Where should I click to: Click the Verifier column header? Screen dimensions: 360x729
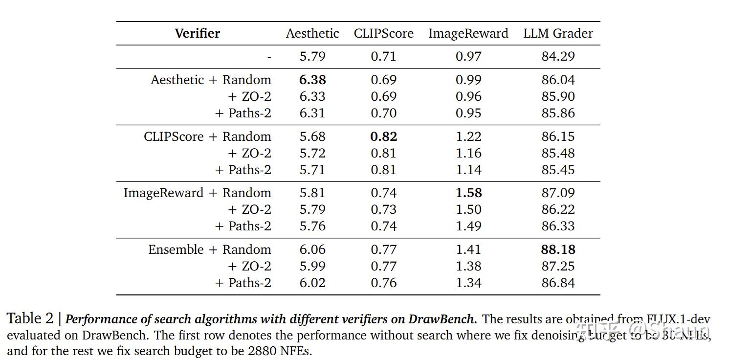(x=197, y=33)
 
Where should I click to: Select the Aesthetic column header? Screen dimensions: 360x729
(x=312, y=33)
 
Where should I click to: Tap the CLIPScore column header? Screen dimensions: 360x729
(x=383, y=33)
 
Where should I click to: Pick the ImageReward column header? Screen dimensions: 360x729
(x=468, y=33)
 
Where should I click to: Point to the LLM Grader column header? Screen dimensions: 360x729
(x=558, y=33)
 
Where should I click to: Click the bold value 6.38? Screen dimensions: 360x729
(x=312, y=80)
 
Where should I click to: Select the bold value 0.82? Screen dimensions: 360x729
(x=383, y=136)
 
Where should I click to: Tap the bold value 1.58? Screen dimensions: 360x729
(x=468, y=193)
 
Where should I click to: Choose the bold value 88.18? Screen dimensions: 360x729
(x=558, y=249)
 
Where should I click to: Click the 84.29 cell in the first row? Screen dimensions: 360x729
(x=558, y=56)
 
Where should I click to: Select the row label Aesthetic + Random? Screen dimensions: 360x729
(x=211, y=80)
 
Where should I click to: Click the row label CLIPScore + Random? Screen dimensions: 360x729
(x=207, y=136)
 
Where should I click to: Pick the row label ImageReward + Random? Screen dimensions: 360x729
(x=197, y=193)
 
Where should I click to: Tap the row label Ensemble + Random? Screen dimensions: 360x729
(x=209, y=249)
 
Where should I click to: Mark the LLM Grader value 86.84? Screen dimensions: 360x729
(x=558, y=283)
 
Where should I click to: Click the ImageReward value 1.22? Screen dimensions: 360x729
(x=468, y=136)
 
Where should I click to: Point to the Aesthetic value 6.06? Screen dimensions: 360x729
(x=312, y=249)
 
